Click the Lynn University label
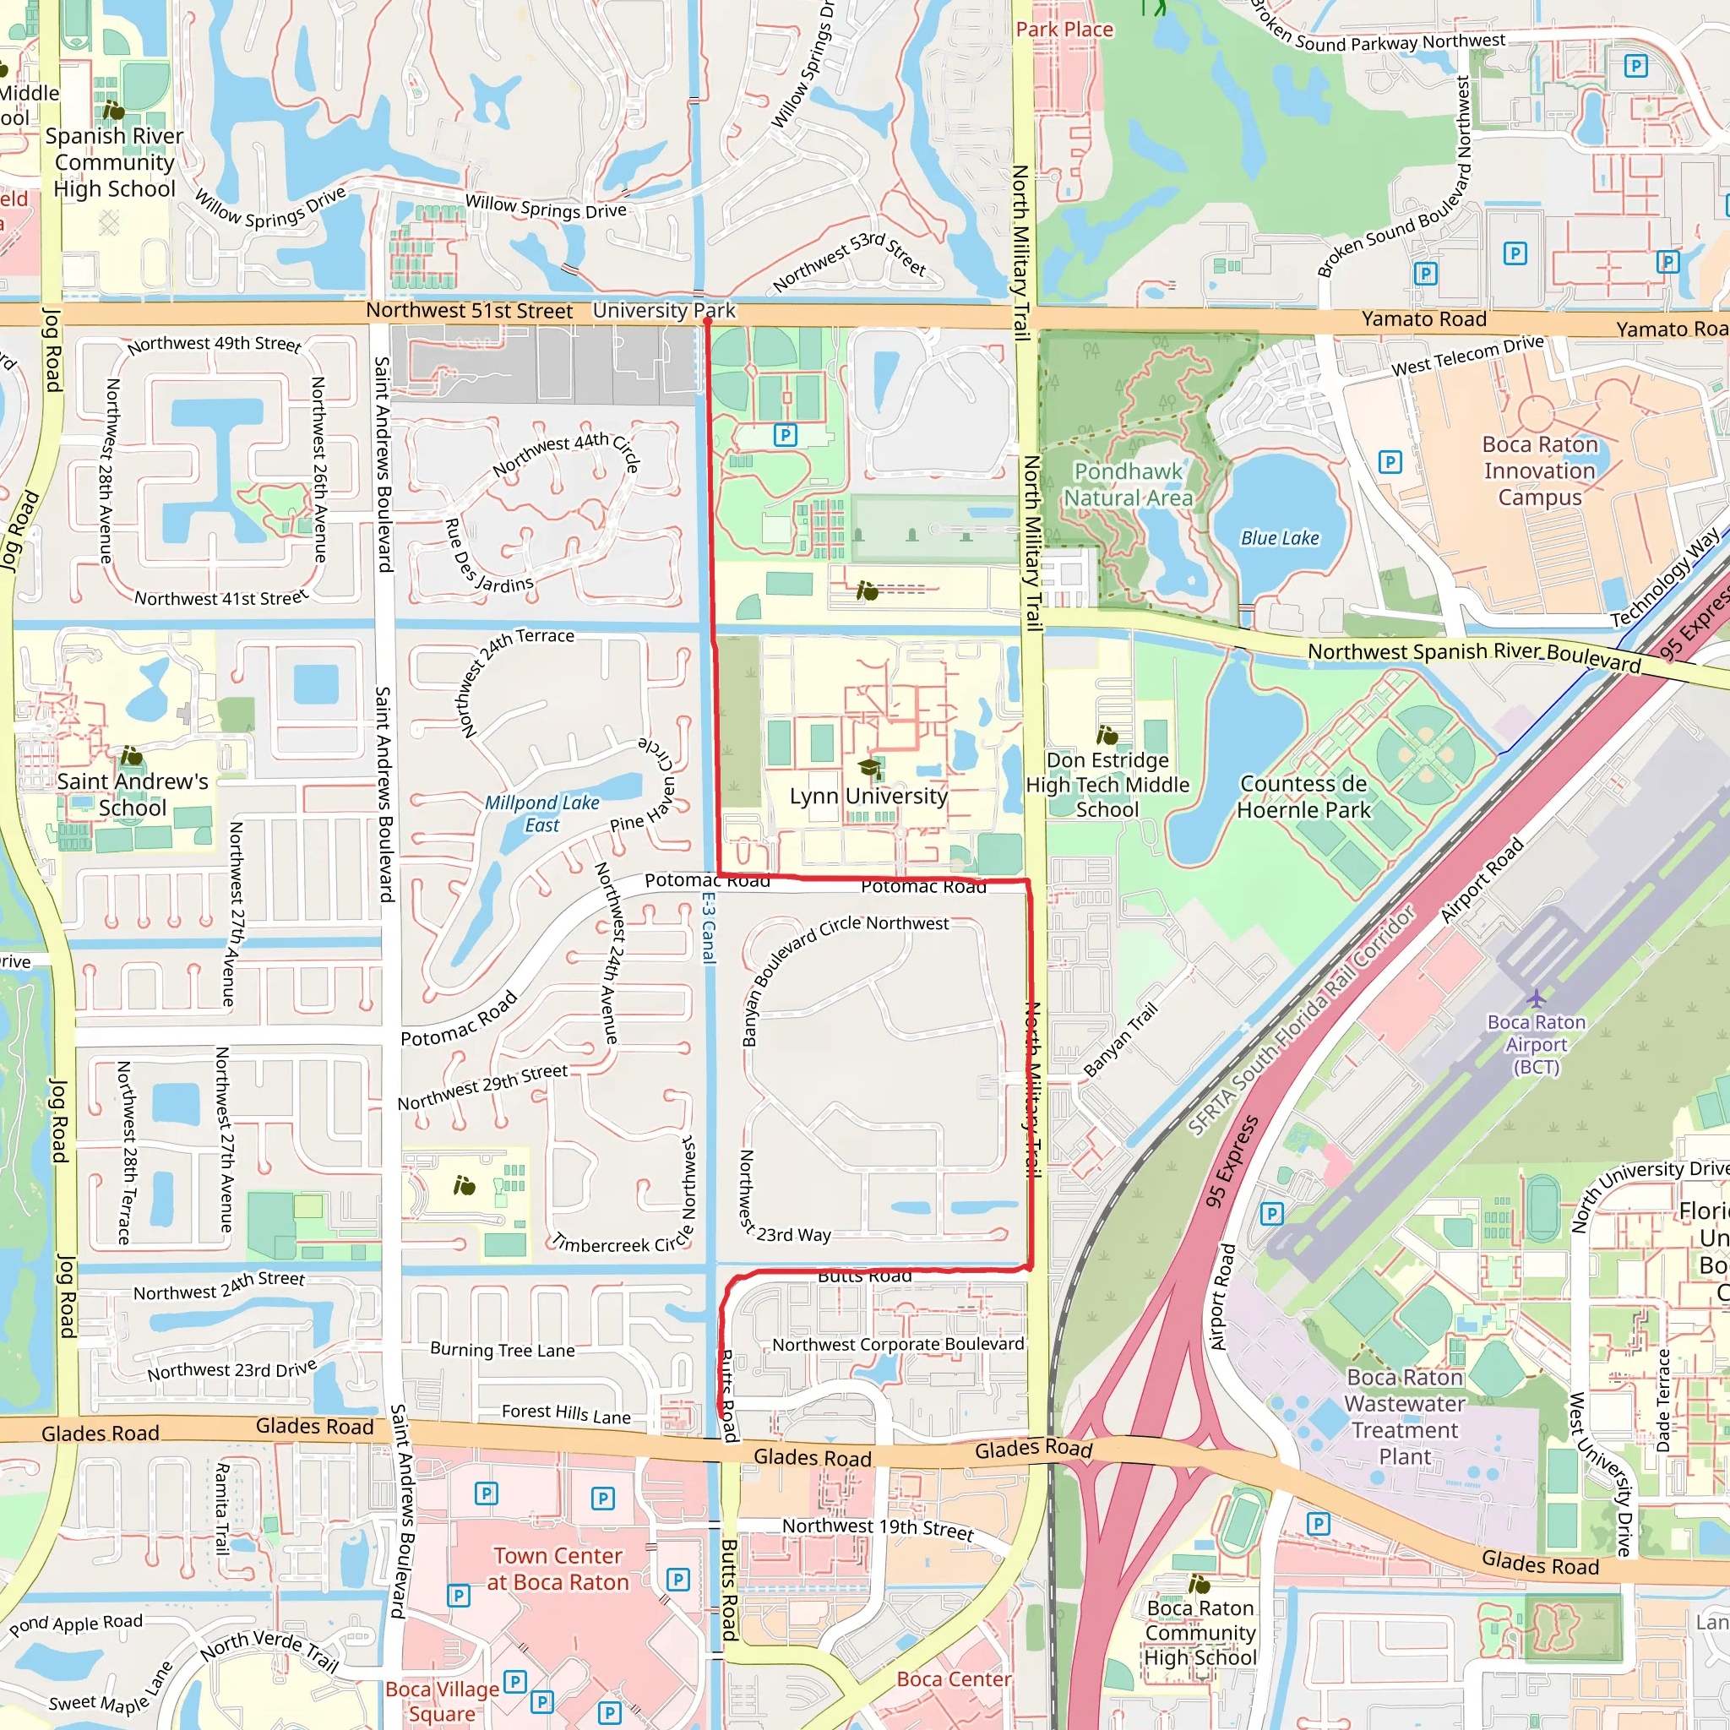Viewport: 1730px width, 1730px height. click(868, 796)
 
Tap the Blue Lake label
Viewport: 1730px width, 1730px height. click(1280, 538)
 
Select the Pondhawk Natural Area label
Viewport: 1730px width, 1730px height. click(1129, 484)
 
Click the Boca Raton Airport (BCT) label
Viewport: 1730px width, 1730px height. click(1537, 1044)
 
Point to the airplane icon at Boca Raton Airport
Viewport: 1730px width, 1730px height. click(1537, 998)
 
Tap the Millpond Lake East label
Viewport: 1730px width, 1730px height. click(541, 814)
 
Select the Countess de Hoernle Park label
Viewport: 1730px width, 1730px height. click(1303, 797)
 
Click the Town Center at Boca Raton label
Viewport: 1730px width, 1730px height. click(557, 1569)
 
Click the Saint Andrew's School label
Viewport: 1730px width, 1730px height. click(133, 794)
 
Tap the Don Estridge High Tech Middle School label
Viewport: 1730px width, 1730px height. click(1107, 785)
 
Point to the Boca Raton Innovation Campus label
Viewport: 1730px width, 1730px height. click(1539, 471)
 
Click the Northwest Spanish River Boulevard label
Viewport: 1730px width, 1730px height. click(1473, 656)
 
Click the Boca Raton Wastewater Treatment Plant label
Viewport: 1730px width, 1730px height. click(1404, 1417)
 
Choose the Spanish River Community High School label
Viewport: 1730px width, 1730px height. click(114, 162)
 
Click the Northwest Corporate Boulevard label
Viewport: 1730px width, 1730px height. click(898, 1344)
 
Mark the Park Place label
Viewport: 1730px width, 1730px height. click(1064, 30)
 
